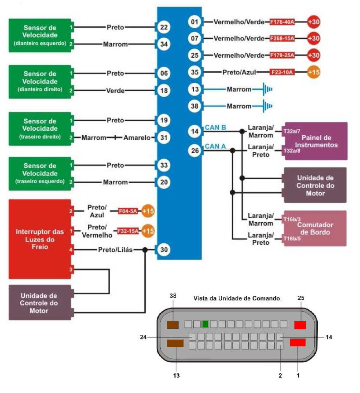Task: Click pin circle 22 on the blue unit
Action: coord(164,27)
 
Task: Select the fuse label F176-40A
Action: coord(282,22)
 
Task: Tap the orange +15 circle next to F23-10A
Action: coord(314,72)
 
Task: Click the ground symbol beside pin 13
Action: coord(265,89)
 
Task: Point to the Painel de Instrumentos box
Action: coord(316,141)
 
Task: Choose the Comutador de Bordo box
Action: coord(315,228)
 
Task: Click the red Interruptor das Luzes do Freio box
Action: coord(40,239)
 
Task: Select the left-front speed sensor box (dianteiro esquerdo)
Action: coord(40,35)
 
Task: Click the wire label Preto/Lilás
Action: coord(115,250)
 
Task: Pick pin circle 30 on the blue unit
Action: coord(164,250)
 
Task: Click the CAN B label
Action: coord(215,128)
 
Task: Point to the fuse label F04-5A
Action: coord(129,211)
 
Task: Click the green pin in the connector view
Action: coord(205,324)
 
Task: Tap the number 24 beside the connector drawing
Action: coord(143,337)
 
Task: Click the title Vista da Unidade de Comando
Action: coord(237,298)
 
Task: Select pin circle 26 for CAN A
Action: coord(195,151)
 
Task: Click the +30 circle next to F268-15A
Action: coord(314,38)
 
